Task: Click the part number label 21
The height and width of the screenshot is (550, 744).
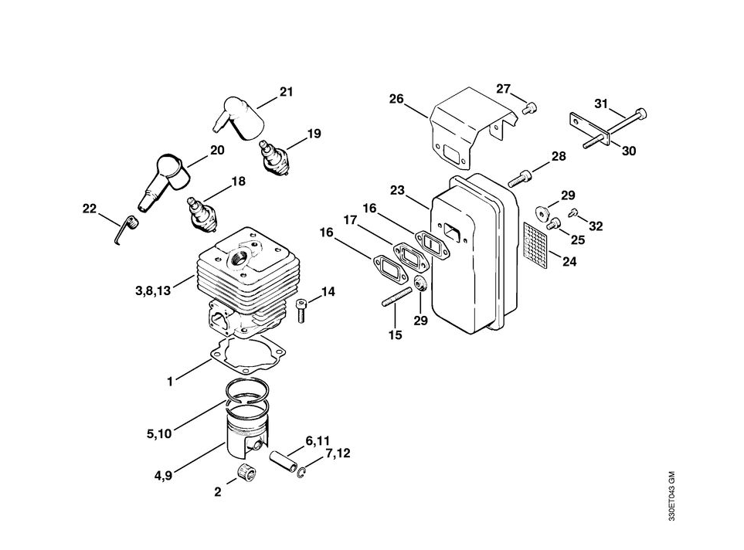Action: (x=286, y=93)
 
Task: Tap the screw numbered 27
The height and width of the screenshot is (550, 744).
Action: (x=528, y=109)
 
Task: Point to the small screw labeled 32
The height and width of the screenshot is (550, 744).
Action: (x=572, y=212)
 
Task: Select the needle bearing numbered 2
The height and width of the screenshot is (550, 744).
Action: (x=246, y=473)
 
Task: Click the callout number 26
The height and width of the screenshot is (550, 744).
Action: (x=396, y=99)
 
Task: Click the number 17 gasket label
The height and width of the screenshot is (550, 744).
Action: (x=350, y=220)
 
